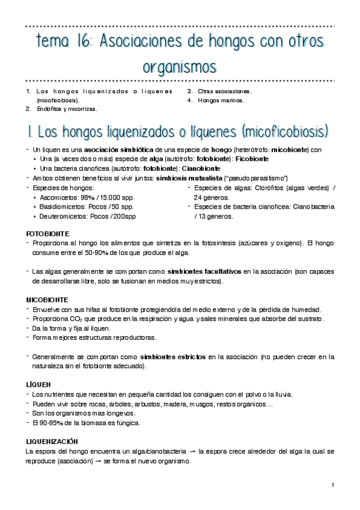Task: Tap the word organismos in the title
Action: coord(180,64)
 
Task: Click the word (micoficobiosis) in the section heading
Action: coord(284,131)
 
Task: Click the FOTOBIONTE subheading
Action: coord(47,233)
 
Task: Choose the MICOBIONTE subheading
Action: coord(47,299)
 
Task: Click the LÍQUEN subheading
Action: coord(38,384)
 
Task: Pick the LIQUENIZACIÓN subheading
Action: coord(53,441)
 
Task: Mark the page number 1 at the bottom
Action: coord(332,485)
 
